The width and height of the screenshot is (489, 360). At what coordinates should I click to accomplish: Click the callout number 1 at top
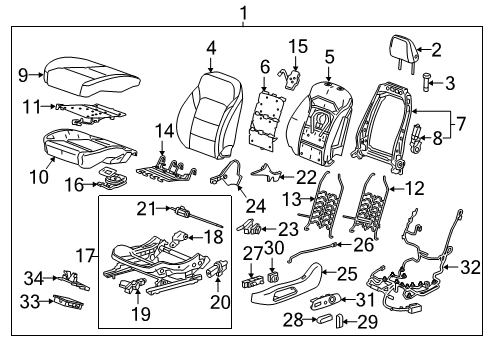click(241, 13)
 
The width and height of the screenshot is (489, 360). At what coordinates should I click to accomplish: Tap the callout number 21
click(148, 207)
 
